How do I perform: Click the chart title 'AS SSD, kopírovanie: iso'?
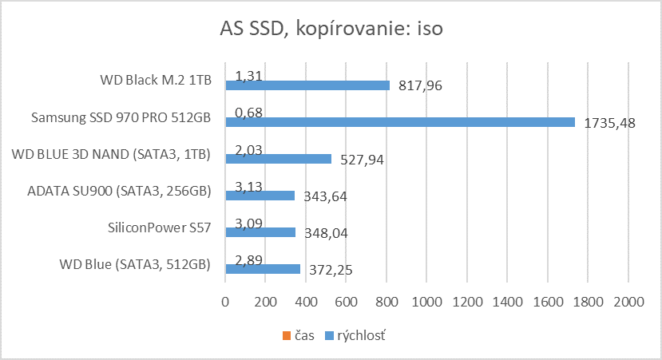pos(331,30)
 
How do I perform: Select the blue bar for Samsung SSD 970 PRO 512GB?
pos(399,122)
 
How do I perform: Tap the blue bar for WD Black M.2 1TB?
pos(307,85)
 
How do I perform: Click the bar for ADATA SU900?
pos(260,196)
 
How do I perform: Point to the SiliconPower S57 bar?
pos(260,232)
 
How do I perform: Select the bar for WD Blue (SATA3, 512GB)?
pos(263,269)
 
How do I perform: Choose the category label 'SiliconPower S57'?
pos(160,227)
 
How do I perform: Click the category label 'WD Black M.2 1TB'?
pos(156,80)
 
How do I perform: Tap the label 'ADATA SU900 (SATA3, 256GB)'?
pos(119,191)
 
